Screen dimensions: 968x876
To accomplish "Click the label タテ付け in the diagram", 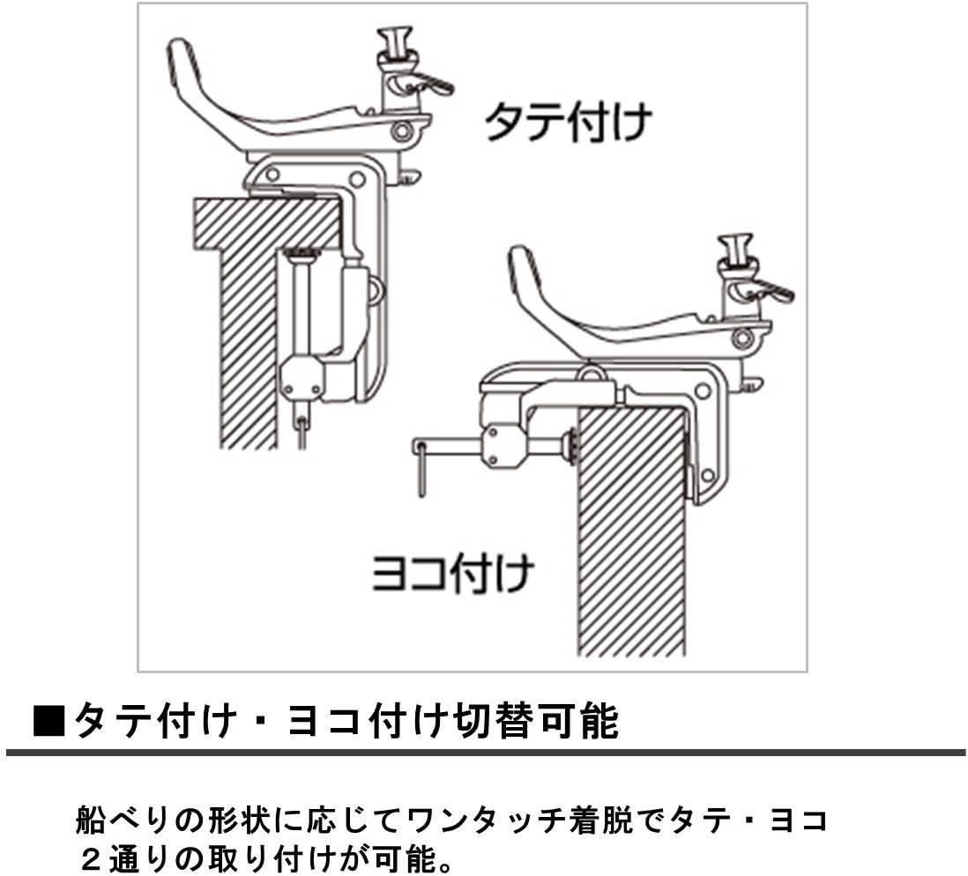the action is pyautogui.click(x=569, y=122).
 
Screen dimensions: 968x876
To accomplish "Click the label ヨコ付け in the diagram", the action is pyautogui.click(x=452, y=574).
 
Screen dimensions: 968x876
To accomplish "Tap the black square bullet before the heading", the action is pyautogui.click(x=48, y=720).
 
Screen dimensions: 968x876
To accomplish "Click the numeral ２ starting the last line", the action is pyautogui.click(x=91, y=858).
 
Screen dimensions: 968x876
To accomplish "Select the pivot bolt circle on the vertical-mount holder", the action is pyautogui.click(x=402, y=130).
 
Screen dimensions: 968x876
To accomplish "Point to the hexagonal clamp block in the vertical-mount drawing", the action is pyautogui.click(x=302, y=378).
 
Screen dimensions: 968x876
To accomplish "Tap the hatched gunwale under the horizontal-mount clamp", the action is pyautogui.click(x=632, y=531).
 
